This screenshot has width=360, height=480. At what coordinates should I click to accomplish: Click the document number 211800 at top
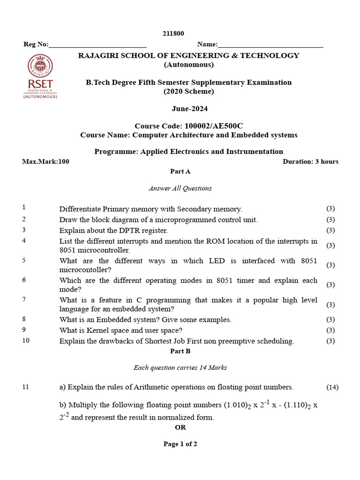(173, 33)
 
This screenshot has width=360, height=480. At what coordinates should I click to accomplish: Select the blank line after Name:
(270, 45)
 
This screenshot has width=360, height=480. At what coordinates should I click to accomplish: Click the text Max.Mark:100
(45, 162)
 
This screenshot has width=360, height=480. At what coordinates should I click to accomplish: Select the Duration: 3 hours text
(310, 162)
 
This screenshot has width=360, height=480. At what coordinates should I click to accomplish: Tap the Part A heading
(180, 172)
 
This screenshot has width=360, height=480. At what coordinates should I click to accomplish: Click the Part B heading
(180, 351)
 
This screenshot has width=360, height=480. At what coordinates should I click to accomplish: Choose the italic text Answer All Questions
(180, 188)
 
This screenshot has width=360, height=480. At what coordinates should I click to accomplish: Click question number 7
(24, 300)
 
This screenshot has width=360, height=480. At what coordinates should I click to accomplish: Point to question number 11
(25, 387)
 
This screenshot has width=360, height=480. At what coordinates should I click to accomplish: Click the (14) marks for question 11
(332, 387)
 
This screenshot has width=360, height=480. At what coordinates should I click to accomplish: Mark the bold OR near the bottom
(180, 427)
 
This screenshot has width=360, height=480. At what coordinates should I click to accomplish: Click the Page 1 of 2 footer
(180, 444)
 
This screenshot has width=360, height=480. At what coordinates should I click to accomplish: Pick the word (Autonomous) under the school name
(188, 65)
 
